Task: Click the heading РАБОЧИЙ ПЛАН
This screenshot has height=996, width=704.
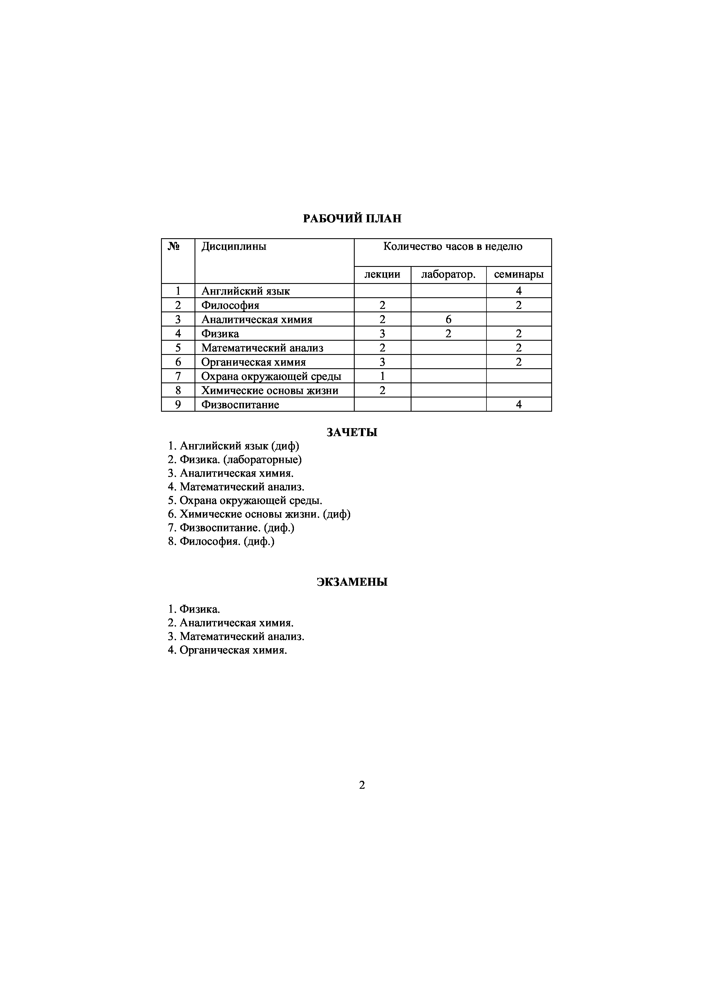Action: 352,219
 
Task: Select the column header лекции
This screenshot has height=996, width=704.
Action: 382,275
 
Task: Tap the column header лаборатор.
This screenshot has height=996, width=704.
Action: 448,275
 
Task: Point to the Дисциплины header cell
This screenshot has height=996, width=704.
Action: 234,247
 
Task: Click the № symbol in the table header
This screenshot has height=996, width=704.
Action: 174,247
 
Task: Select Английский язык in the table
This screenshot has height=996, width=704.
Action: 246,291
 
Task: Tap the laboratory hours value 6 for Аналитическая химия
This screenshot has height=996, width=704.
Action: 448,320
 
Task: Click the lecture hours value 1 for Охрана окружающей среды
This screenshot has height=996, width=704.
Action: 382,376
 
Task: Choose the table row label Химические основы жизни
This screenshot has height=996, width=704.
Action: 270,390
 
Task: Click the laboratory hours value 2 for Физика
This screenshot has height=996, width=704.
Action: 448,334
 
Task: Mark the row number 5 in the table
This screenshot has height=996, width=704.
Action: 178,348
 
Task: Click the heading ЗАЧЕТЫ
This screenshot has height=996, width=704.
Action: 352,432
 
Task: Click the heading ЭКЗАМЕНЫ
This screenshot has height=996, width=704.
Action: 352,582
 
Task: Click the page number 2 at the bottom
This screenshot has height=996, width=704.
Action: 362,785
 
